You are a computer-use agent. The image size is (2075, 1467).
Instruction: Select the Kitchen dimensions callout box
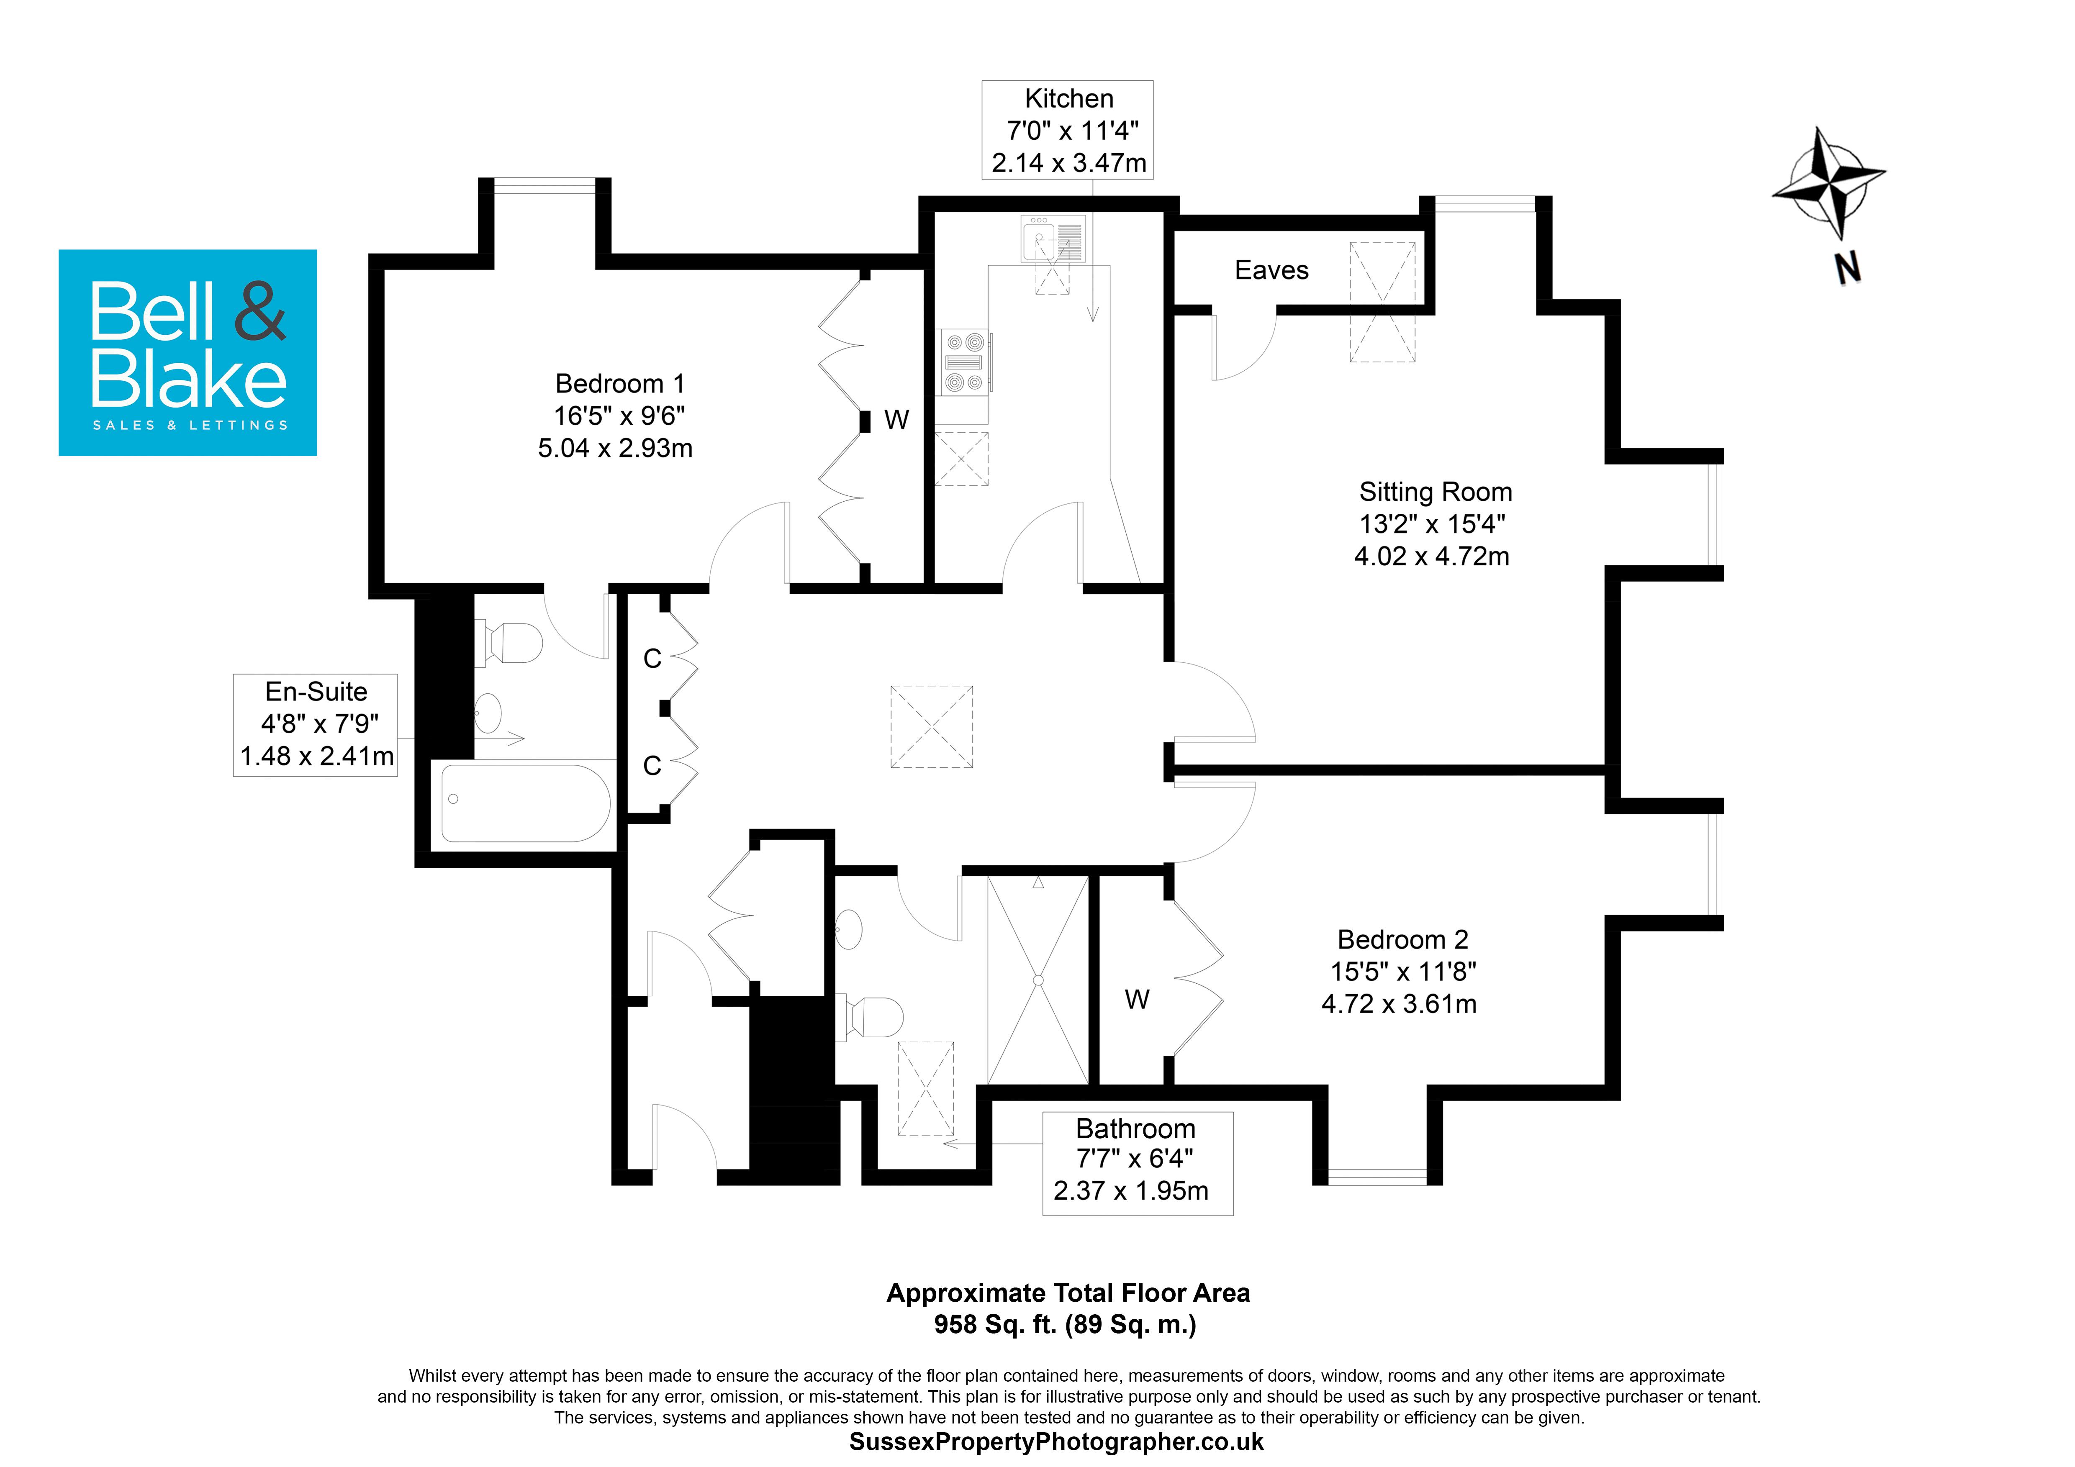click(x=1067, y=130)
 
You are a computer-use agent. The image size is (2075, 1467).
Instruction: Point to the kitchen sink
click(x=1053, y=239)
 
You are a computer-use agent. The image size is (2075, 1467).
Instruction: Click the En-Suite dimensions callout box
click(x=316, y=724)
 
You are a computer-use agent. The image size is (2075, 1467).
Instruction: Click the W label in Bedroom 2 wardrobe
click(x=1136, y=999)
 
